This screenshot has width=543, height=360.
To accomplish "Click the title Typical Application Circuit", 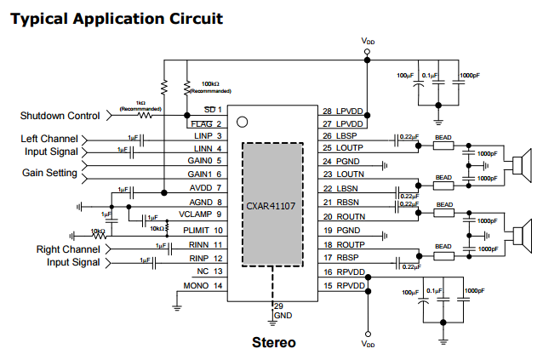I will tap(117, 17).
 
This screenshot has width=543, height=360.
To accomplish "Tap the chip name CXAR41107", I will tap(271, 205).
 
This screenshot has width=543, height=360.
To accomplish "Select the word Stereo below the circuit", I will tap(274, 343).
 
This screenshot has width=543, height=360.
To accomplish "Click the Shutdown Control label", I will tap(60, 116).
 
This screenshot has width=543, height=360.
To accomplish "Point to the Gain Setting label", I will tap(49, 173).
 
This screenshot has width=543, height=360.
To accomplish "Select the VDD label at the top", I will tap(367, 41).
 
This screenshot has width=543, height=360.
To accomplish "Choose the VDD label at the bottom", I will tap(367, 345).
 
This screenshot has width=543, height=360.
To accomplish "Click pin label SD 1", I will tap(214, 110).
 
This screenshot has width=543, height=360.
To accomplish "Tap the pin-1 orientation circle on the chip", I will tap(243, 122).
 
